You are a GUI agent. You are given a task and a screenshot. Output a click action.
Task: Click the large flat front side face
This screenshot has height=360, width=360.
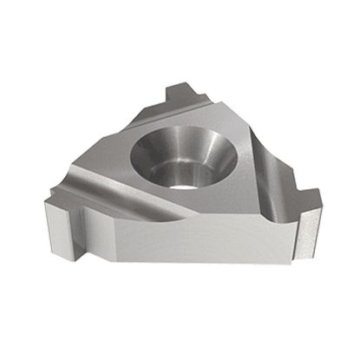[173, 252]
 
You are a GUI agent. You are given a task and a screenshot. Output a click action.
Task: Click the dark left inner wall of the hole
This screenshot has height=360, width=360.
[149, 156]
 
